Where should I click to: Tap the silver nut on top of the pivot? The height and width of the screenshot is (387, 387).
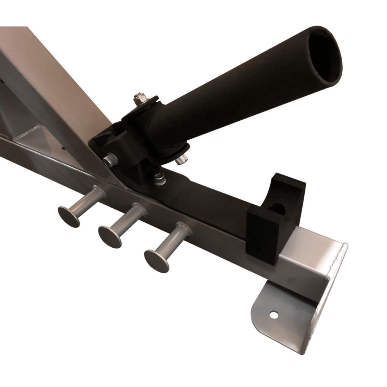tap(138, 100)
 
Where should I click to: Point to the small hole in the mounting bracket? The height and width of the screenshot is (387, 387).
tap(273, 313)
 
